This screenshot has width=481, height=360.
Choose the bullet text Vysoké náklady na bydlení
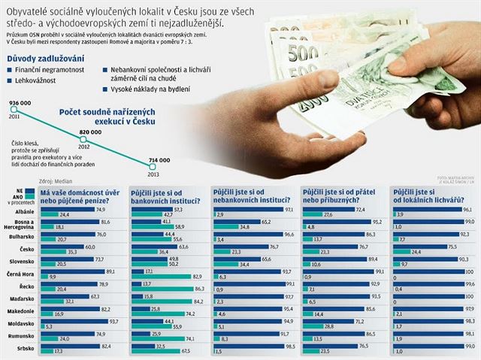click(148, 87)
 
